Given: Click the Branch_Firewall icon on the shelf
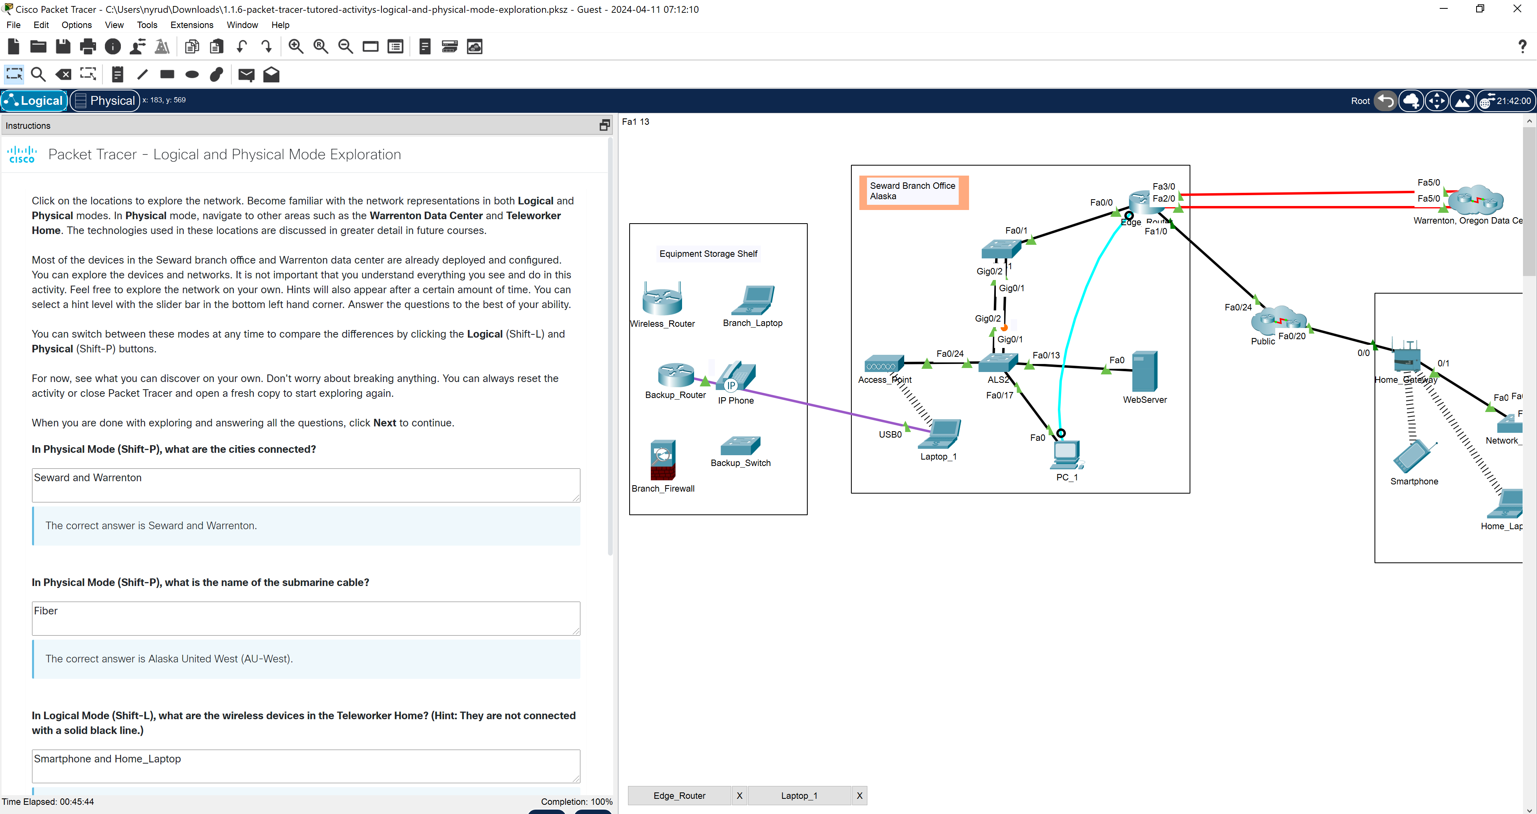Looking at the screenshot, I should click(662, 460).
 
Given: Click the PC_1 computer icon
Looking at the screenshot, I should click(1067, 456).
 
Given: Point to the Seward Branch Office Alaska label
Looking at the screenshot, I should click(912, 191).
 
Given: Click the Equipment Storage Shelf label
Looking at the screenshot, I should click(708, 254).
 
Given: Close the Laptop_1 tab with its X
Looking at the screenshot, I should click(859, 796).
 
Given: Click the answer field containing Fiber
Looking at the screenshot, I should click(305, 618).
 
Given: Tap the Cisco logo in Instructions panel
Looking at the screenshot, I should click(22, 154).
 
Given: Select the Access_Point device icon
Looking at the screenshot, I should click(884, 364).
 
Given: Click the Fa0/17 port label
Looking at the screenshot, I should click(999, 395).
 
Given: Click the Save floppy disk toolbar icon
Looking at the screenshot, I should click(63, 46).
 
